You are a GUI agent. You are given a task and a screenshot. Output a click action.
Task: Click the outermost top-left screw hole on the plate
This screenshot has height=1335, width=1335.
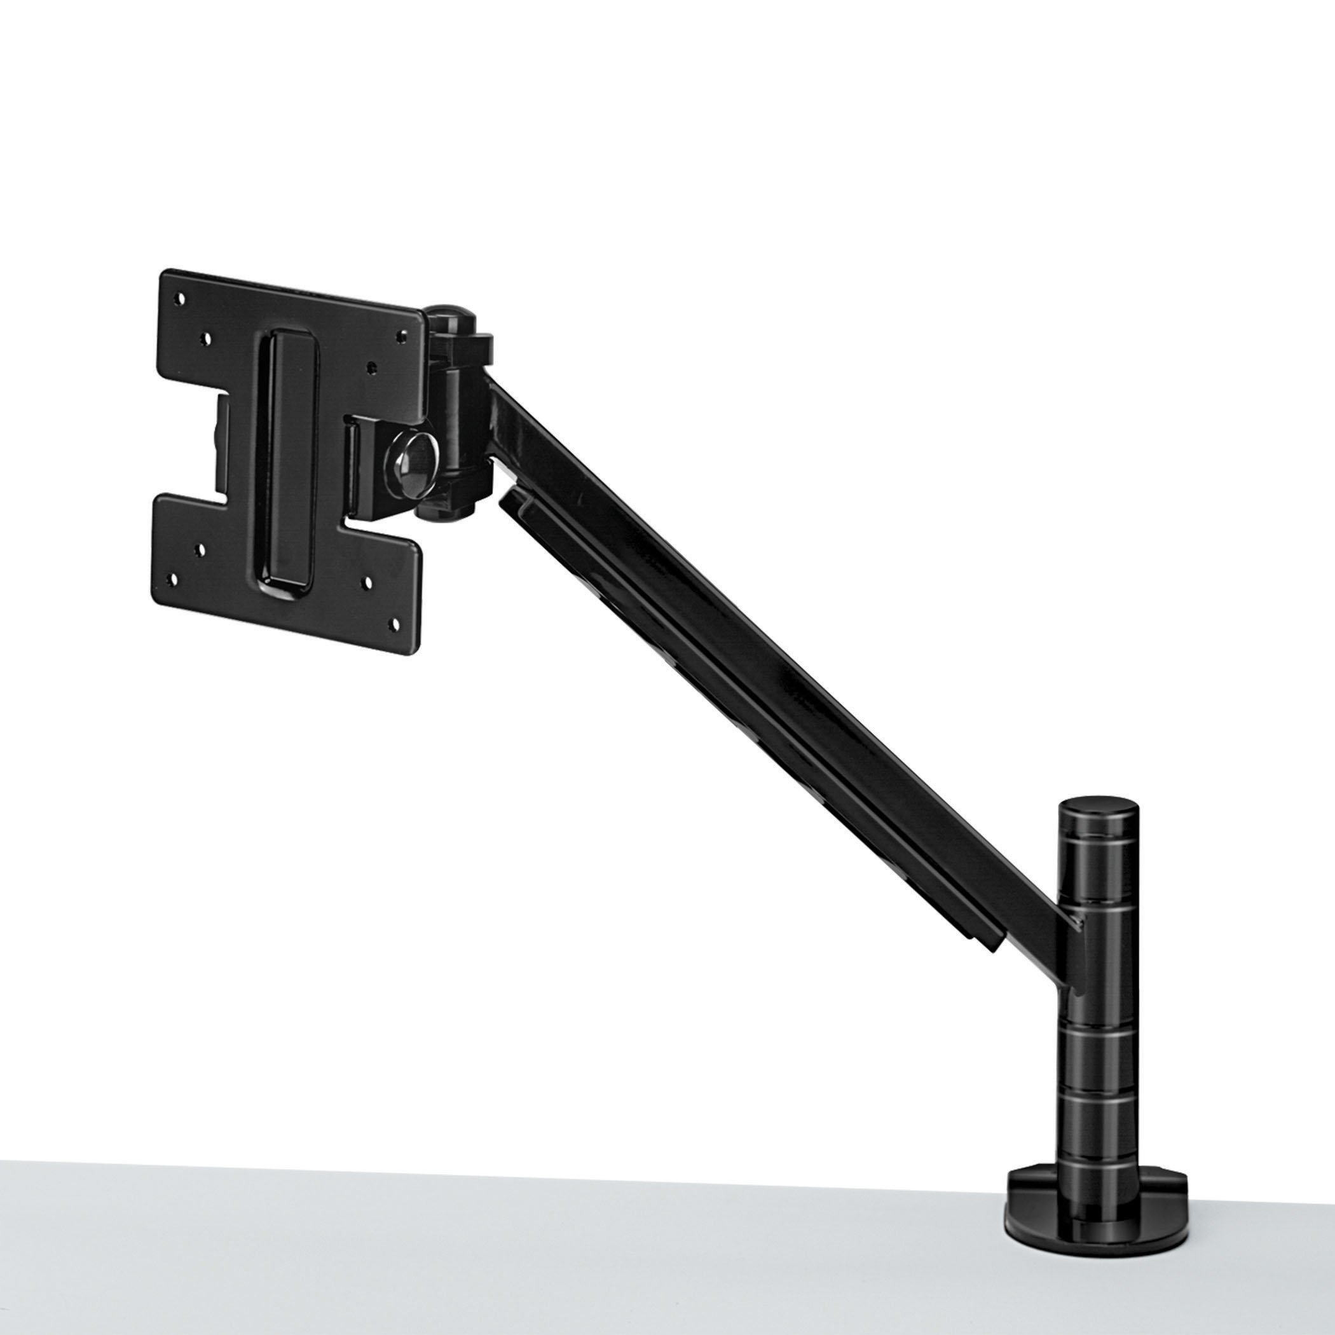(x=181, y=299)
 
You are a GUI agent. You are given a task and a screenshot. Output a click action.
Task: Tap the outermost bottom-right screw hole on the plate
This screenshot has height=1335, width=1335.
(x=396, y=622)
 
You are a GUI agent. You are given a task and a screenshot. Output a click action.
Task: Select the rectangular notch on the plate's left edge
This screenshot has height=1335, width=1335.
(x=222, y=442)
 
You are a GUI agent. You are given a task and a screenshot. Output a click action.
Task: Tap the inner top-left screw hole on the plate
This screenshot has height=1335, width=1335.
(x=206, y=339)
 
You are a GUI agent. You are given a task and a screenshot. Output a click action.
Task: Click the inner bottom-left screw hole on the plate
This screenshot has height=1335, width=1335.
(x=200, y=551)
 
